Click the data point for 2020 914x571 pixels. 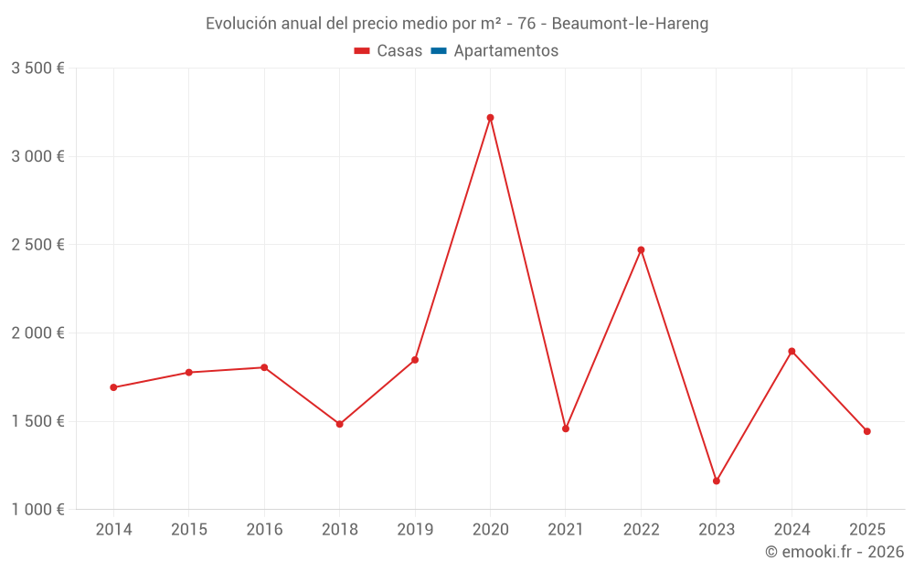tap(490, 118)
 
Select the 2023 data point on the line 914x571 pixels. tap(717, 481)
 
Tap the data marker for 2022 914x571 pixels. tap(641, 249)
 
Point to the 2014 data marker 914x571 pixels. tap(113, 387)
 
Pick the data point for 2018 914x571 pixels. tap(339, 424)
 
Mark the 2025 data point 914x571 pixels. tap(866, 431)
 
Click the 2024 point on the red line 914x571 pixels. tap(792, 351)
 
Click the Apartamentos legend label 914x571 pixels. tap(505, 51)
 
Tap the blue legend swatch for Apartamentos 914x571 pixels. tap(438, 51)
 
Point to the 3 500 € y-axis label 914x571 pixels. tap(37, 69)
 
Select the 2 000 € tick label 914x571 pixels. tap(37, 333)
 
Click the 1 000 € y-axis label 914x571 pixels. tap(37, 510)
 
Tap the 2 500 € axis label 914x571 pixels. tap(37, 245)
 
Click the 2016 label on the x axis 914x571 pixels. tap(264, 530)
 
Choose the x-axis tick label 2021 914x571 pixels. tap(566, 530)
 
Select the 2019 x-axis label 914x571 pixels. tap(415, 530)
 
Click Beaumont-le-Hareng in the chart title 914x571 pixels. tap(630, 24)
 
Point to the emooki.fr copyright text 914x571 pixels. tap(834, 552)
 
